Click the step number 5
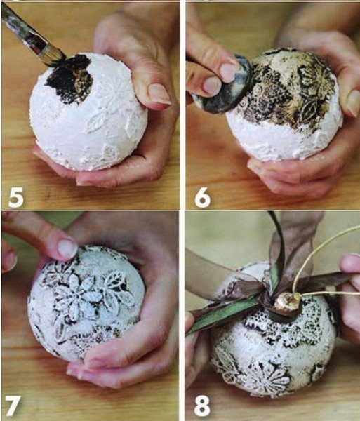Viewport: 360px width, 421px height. [16, 198]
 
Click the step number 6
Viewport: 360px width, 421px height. [203, 198]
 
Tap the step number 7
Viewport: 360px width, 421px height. [13, 406]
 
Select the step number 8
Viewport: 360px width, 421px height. [202, 406]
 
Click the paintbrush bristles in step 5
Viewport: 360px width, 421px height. [55, 55]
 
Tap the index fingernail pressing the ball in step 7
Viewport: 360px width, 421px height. [68, 248]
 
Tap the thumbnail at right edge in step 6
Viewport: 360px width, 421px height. [353, 100]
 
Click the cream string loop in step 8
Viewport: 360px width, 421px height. [322, 258]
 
